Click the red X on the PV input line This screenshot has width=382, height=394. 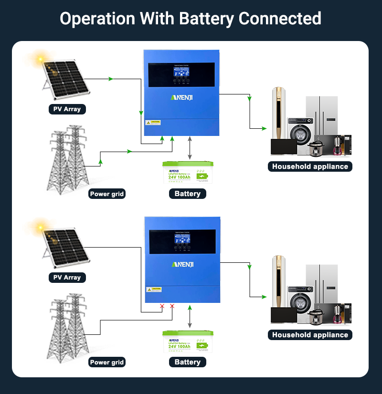tap(162, 306)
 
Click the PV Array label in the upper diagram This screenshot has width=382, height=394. tap(67, 109)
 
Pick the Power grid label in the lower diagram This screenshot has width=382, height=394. tap(107, 362)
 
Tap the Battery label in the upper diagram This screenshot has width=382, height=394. tap(187, 194)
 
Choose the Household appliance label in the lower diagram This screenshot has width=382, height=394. tap(310, 335)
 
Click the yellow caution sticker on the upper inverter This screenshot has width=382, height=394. tap(153, 123)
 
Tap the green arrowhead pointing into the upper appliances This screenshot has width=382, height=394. tap(264, 128)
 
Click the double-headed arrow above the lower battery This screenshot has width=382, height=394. tap(190, 317)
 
